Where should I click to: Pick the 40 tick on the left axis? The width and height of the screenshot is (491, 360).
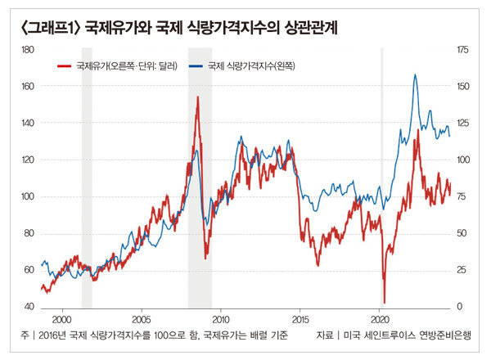pos(27,307)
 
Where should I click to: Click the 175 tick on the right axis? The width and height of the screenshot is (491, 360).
pos(464,50)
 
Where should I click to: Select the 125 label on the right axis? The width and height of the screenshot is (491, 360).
pos(464,124)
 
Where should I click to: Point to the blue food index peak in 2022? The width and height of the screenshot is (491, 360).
pos(415,75)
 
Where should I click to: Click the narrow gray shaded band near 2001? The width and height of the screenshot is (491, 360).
pos(87,180)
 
